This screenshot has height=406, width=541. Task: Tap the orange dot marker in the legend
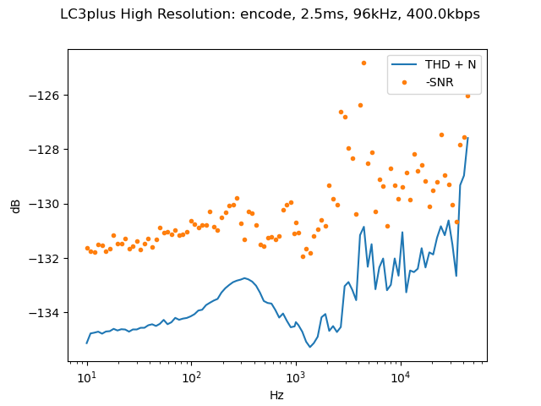404,82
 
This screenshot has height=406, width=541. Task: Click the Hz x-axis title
276,395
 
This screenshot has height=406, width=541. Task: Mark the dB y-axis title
16,206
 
